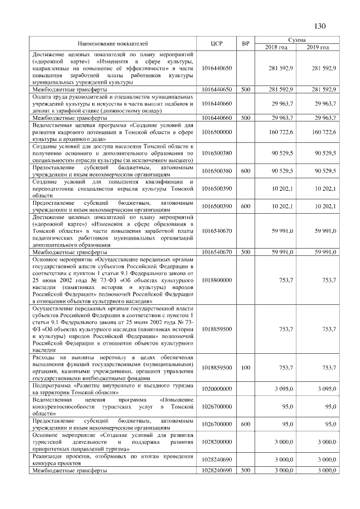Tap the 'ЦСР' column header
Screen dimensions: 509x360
(x=217, y=43)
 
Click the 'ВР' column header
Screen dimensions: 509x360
(x=245, y=43)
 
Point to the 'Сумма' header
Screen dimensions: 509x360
(x=296, y=40)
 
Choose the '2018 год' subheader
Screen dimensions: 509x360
(x=276, y=47)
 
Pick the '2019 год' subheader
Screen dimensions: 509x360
(x=318, y=47)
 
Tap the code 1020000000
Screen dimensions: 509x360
(x=217, y=389)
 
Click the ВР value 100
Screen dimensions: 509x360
(x=245, y=367)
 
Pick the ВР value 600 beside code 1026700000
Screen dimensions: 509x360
(x=245, y=425)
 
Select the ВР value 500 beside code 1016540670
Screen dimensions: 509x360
(x=245, y=253)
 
